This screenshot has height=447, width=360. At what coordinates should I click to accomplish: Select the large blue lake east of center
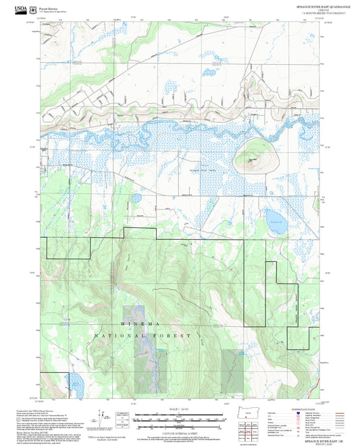pyautogui.click(x=274, y=217)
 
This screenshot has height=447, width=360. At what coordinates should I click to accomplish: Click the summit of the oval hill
pyautogui.click(x=253, y=160)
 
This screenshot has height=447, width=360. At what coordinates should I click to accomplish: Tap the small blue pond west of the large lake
pyautogui.click(x=137, y=198)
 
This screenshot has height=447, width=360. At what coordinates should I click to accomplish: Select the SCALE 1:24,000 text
pyautogui.click(x=180, y=407)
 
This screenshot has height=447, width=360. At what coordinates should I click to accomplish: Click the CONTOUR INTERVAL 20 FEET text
pyautogui.click(x=180, y=432)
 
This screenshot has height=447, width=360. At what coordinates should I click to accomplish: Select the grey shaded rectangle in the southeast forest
pyautogui.click(x=231, y=370)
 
